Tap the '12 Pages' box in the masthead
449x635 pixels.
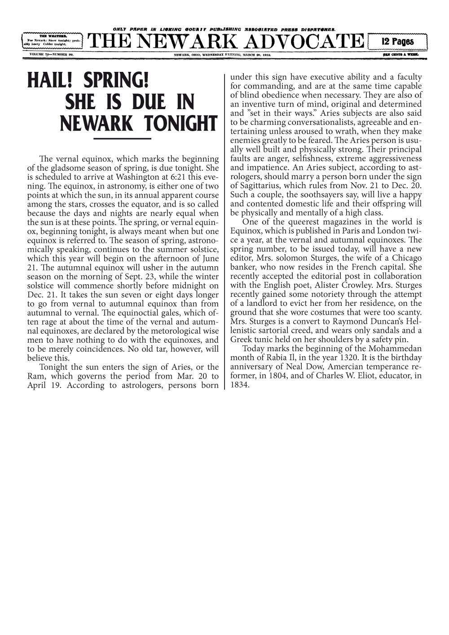pos(397,41)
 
